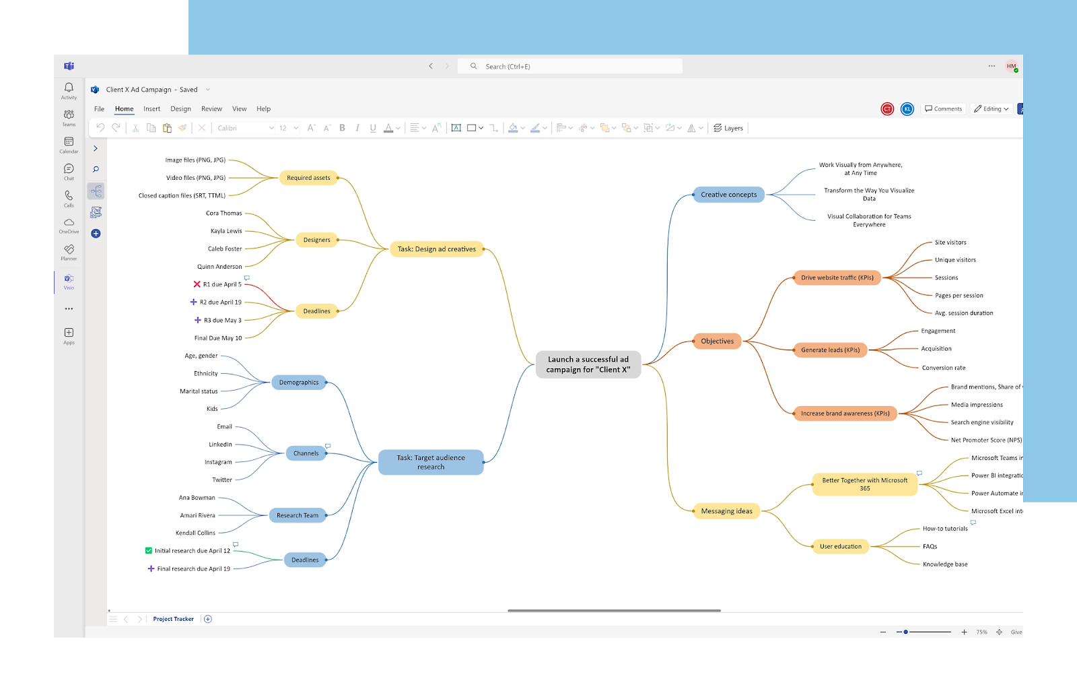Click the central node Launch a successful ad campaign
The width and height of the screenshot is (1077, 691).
[588, 364]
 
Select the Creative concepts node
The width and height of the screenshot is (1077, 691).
[728, 195]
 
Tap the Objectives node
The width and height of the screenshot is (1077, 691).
[717, 341]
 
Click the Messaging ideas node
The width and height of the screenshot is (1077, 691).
[726, 511]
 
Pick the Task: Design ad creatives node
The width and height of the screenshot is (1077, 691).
[436, 249]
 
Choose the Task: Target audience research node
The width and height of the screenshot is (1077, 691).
[431, 462]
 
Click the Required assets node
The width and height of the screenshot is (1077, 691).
[308, 178]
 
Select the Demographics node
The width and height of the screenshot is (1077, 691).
[299, 383]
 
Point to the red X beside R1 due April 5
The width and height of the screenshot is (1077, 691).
[197, 284]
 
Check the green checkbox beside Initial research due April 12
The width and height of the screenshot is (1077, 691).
[149, 551]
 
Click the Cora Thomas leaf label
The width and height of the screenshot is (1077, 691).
[223, 213]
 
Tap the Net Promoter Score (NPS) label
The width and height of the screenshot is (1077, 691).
[985, 440]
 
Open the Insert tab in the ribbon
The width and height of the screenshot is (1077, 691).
[151, 109]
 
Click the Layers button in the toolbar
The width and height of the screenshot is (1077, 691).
[728, 128]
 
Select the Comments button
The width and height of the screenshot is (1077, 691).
[943, 109]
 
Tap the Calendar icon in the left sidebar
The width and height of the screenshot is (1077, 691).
[69, 144]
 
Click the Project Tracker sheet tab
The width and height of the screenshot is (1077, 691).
[173, 619]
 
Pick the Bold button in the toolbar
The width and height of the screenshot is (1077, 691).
[342, 128]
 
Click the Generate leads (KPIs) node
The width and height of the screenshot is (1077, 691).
[830, 350]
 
